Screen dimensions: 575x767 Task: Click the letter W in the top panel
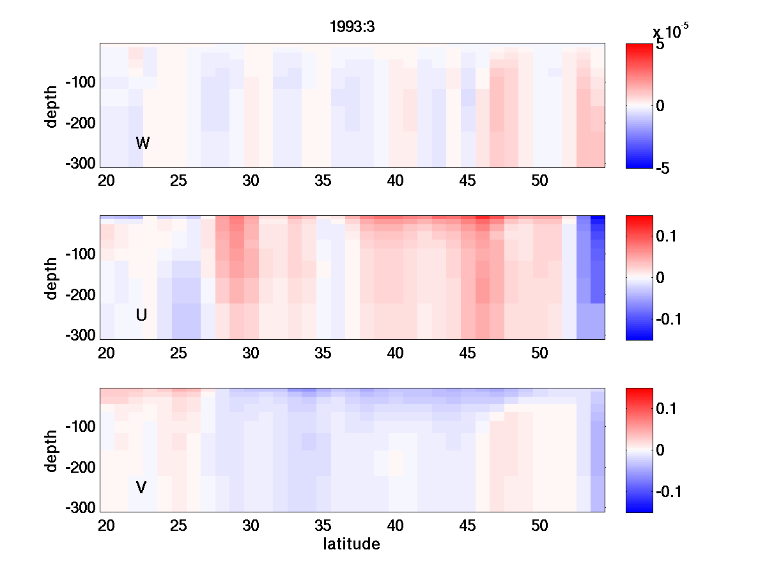click(x=143, y=143)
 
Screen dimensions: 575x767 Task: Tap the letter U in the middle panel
click(x=142, y=315)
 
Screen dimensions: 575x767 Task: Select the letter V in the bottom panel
click(x=141, y=487)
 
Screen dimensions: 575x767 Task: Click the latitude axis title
click(x=352, y=544)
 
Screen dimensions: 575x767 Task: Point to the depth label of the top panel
click(x=51, y=105)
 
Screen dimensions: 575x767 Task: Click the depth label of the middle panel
click(x=51, y=277)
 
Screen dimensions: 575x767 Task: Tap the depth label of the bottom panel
click(x=51, y=450)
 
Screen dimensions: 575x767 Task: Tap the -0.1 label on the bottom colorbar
click(x=669, y=492)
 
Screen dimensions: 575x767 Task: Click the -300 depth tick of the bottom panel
click(x=80, y=509)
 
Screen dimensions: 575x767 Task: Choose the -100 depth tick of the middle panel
click(x=80, y=254)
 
